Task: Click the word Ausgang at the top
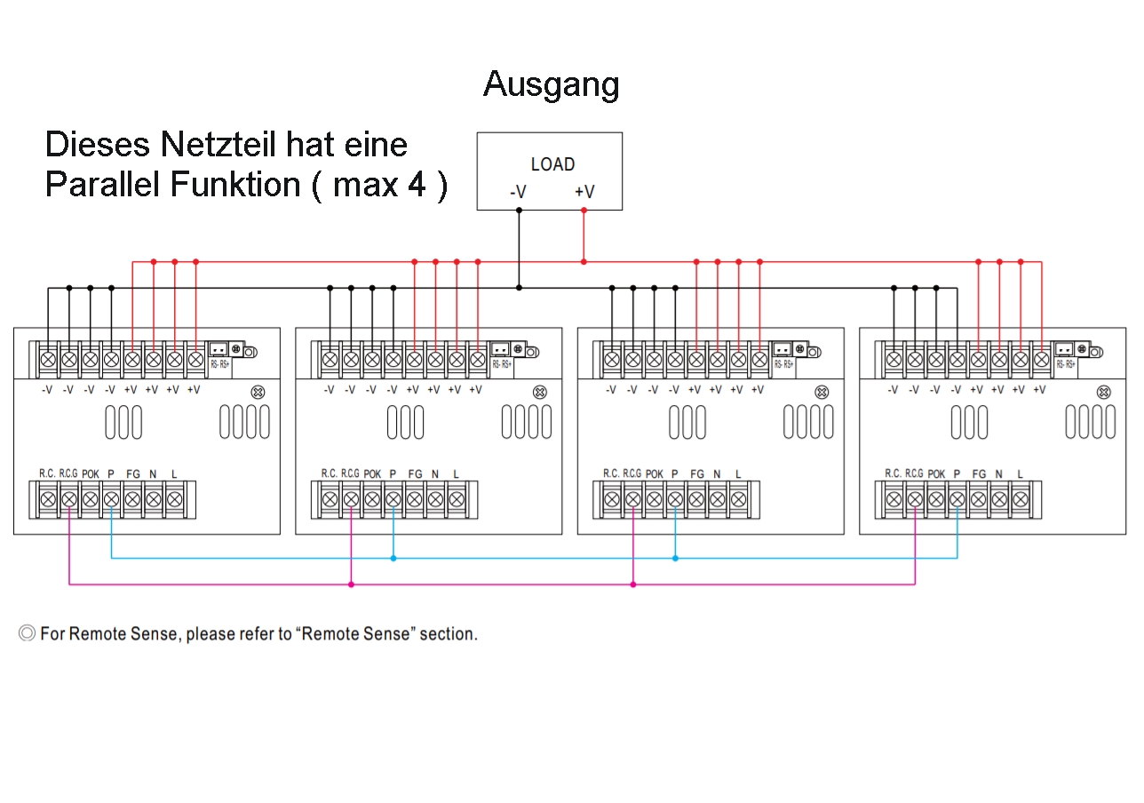coord(551,84)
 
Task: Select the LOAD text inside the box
coord(552,164)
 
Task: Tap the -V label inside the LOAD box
coord(518,192)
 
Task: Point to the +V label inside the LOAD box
coord(584,192)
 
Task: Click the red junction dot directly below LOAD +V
coord(584,261)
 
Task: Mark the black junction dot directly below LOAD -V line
coord(519,288)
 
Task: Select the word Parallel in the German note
coord(102,185)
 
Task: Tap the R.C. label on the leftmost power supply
coord(47,473)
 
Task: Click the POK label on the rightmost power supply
coord(936,474)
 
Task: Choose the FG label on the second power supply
coord(415,474)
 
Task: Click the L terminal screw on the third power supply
coord(738,500)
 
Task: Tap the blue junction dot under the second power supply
coord(393,558)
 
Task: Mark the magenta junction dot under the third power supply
coord(632,584)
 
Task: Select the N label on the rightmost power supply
coord(999,474)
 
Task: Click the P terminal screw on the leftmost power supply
coord(111,500)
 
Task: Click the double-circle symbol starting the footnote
coord(28,633)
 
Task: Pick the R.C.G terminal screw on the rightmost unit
coord(915,500)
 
